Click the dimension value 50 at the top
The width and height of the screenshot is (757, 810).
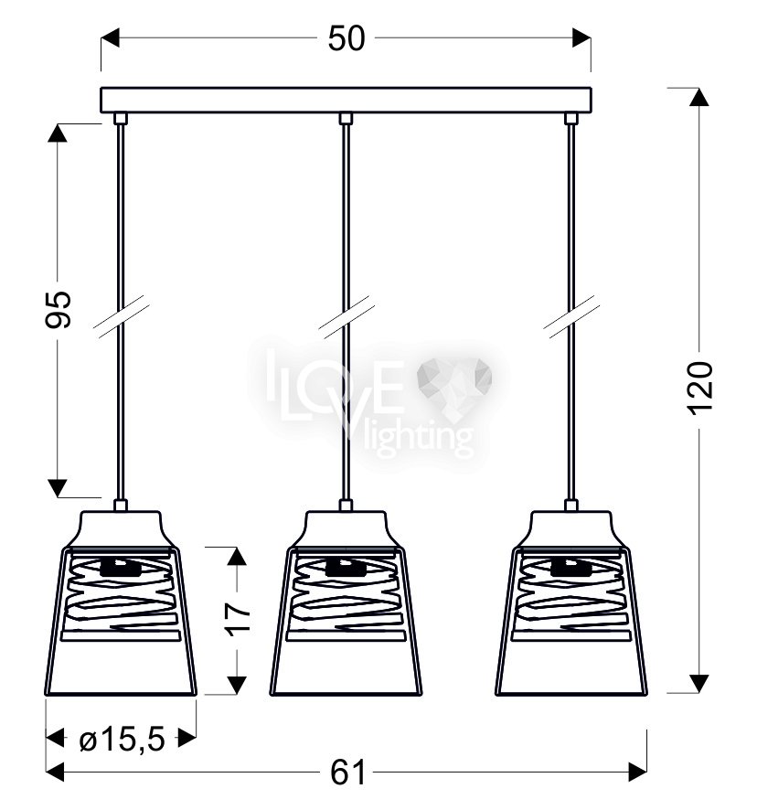(347, 38)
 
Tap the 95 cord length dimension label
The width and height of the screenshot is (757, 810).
(58, 310)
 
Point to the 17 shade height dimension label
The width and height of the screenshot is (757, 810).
(238, 617)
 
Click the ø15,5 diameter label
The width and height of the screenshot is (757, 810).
(122, 740)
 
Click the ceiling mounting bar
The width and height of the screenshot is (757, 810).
(346, 101)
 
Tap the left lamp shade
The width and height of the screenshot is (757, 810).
(121, 603)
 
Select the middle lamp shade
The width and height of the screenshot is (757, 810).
(346, 603)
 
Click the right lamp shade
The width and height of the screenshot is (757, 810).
(571, 603)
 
